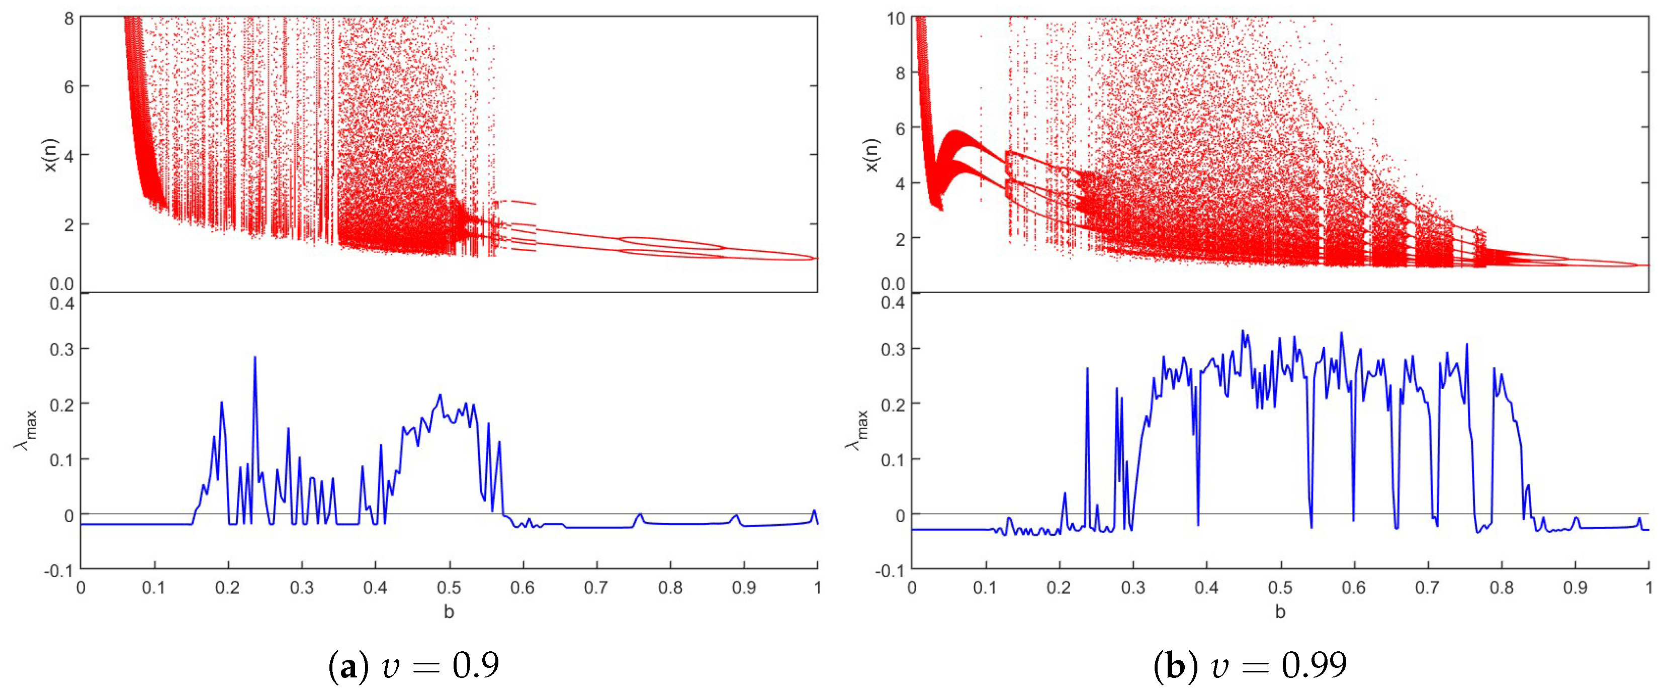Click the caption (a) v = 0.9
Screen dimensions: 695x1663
click(x=414, y=665)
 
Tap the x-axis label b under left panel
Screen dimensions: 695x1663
click(x=449, y=612)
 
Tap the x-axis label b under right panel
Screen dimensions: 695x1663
click(x=1280, y=612)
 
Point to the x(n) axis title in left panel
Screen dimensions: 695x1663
click(x=50, y=155)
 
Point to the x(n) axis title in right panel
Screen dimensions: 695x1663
click(x=871, y=155)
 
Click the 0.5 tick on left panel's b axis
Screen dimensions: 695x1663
click(x=449, y=588)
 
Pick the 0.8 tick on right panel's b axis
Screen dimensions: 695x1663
click(x=1502, y=588)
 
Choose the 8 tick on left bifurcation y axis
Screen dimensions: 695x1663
click(x=68, y=18)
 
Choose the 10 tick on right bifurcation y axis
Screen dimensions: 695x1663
click(x=896, y=18)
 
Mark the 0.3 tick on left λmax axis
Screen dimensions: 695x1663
click(x=61, y=349)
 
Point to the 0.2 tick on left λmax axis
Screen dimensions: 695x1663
click(x=61, y=405)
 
